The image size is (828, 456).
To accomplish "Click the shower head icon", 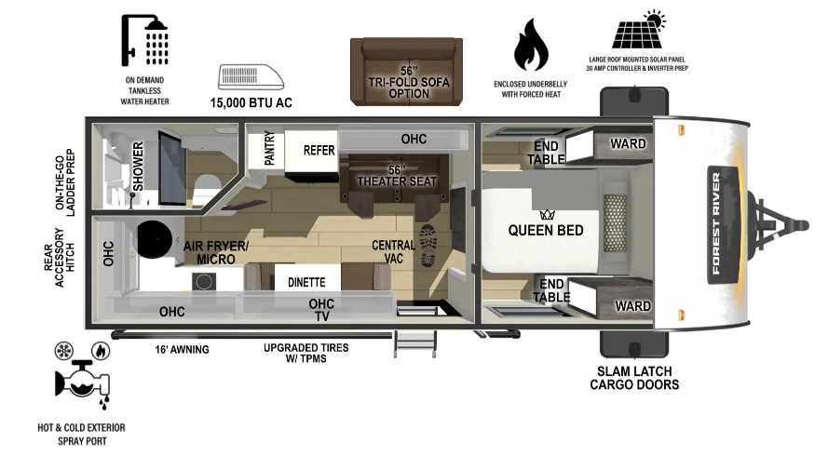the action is coord(145,40).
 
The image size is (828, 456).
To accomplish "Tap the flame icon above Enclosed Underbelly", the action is coord(531,45).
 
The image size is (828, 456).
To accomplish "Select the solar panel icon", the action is coord(639,30).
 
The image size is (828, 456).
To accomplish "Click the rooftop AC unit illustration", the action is coord(251,77).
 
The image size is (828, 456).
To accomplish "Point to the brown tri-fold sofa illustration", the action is coord(407,72).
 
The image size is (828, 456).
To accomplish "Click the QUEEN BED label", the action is coord(546,230).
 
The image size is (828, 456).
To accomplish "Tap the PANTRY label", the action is coord(269,148).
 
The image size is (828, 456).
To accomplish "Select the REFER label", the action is coord(319,151).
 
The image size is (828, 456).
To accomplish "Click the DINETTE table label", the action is coord(306,282).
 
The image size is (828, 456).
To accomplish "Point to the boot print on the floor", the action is coord(428,246).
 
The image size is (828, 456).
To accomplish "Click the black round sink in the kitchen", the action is coord(155,239).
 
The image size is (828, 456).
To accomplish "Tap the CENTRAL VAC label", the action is coord(393,252).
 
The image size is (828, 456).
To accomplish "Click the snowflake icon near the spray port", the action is coord(64,351).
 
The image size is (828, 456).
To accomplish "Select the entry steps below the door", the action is coord(415,343).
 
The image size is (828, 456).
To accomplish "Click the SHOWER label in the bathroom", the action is coord(138,167).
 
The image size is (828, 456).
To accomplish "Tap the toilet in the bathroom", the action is coord(207,186).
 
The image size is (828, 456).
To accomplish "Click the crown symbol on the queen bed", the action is coord(547,215).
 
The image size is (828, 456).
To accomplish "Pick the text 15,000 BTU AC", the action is coord(251,102).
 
